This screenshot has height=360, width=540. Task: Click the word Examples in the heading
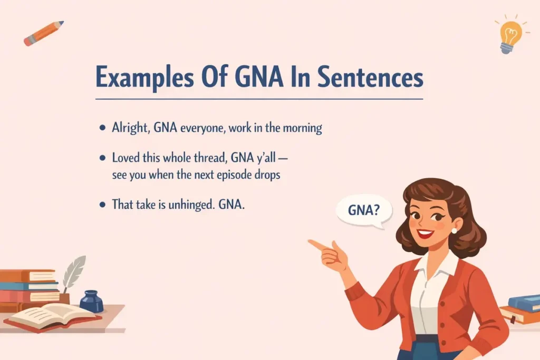pos(139,79)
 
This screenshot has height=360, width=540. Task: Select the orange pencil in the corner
pos(43,33)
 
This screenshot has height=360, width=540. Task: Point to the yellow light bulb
pos(509,35)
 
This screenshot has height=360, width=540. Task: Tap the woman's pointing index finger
pos(316,245)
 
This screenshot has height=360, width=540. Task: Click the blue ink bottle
pos(91,301)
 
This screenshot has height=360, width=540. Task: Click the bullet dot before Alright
pos(101,128)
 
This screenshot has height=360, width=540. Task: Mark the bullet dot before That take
pos(101,205)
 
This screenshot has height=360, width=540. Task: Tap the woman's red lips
pos(424,233)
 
